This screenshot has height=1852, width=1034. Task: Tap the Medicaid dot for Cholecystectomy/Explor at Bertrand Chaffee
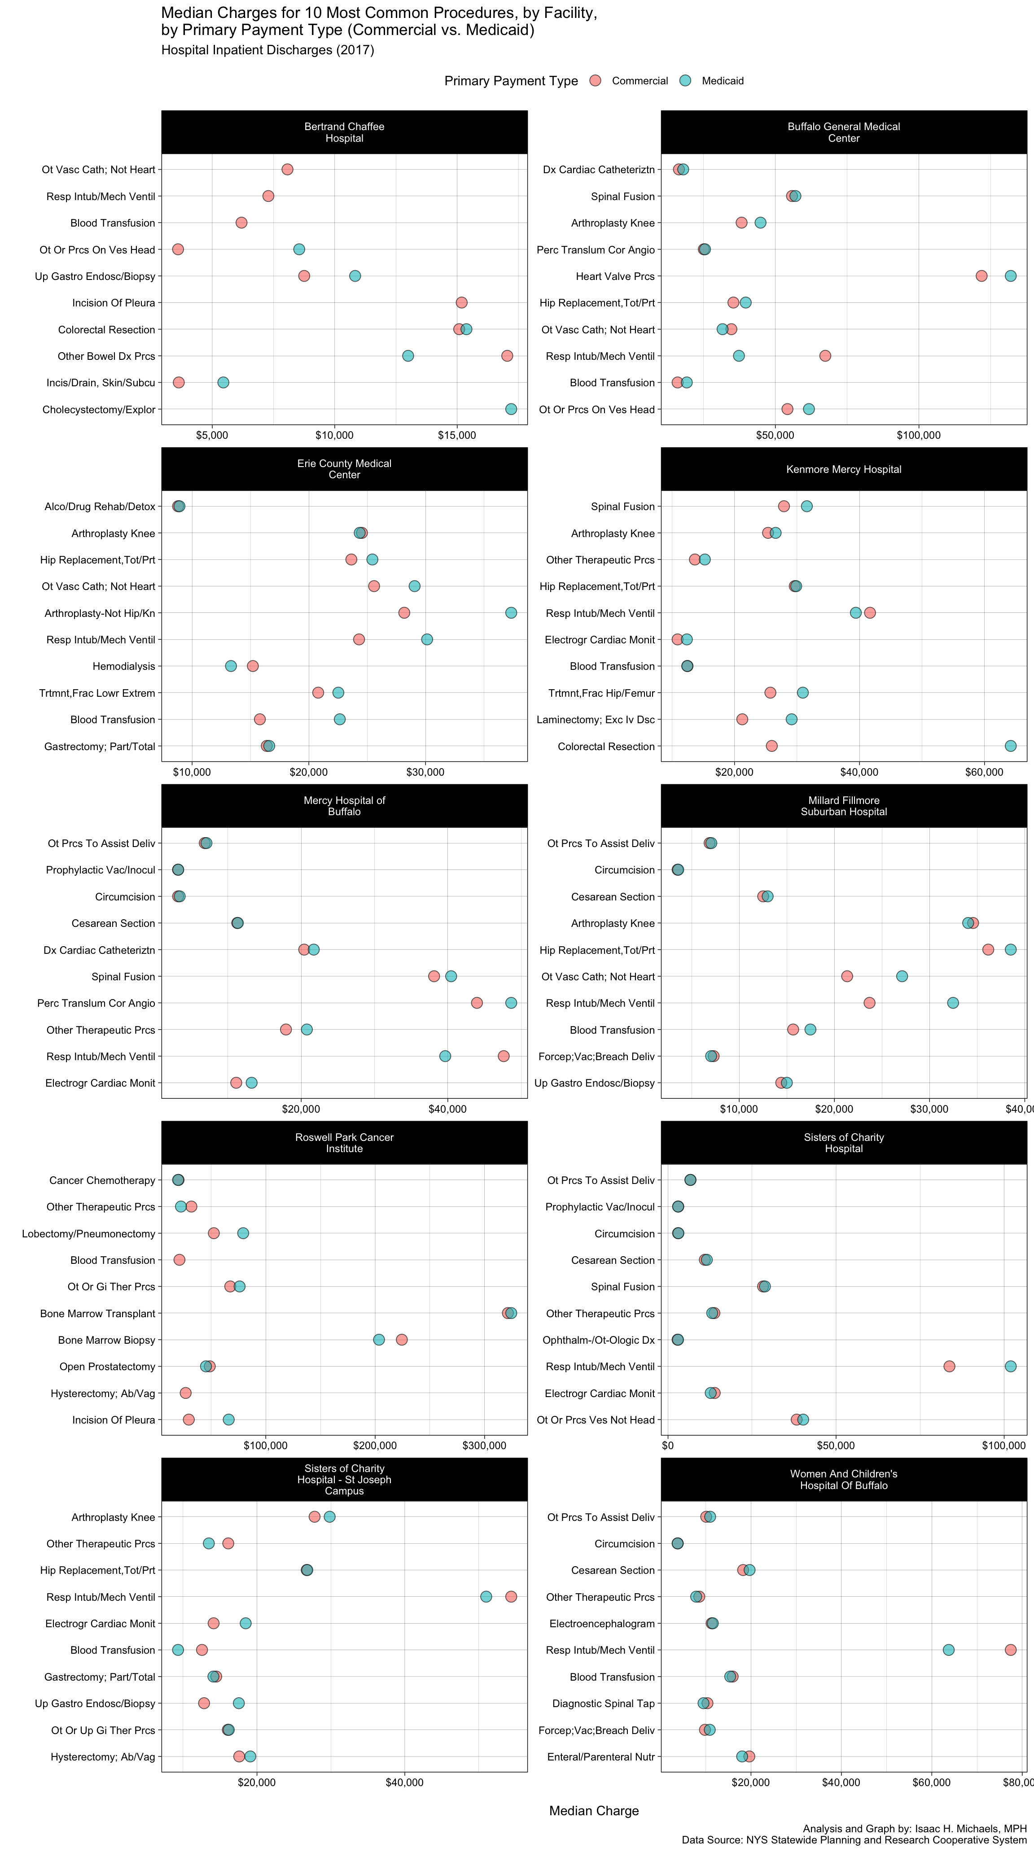511,409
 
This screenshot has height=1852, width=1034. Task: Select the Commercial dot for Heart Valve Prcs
981,276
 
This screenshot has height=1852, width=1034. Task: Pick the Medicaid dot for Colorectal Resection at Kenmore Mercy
1010,746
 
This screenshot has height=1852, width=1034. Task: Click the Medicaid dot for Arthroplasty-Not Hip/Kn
511,612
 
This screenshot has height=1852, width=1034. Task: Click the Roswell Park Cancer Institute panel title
344,1142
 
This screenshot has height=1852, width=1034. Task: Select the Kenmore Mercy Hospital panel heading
843,469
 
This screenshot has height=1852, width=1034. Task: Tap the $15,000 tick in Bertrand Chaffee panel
456,436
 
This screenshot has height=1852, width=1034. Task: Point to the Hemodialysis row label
124,667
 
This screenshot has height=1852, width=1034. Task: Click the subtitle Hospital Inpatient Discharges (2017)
267,50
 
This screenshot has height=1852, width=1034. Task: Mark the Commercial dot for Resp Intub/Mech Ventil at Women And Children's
1010,1650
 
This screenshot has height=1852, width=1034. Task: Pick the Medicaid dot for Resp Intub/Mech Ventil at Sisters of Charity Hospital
1010,1366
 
